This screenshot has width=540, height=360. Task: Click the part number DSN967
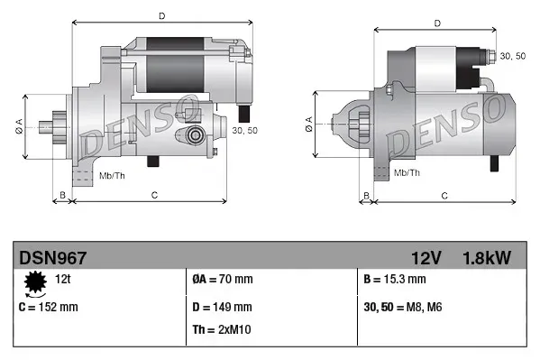click(x=52, y=258)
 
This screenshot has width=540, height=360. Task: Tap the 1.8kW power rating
click(x=488, y=258)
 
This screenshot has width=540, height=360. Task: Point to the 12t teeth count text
click(x=64, y=280)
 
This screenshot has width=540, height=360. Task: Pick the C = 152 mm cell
click(x=49, y=307)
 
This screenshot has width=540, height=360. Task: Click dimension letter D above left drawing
click(x=161, y=15)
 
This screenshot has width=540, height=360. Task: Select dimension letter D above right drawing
click(x=436, y=23)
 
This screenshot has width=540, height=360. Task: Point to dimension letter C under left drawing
click(x=155, y=195)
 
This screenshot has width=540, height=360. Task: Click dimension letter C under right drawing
click(x=444, y=195)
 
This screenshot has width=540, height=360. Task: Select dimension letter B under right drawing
click(x=365, y=195)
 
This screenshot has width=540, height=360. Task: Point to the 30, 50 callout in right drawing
click(x=513, y=56)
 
